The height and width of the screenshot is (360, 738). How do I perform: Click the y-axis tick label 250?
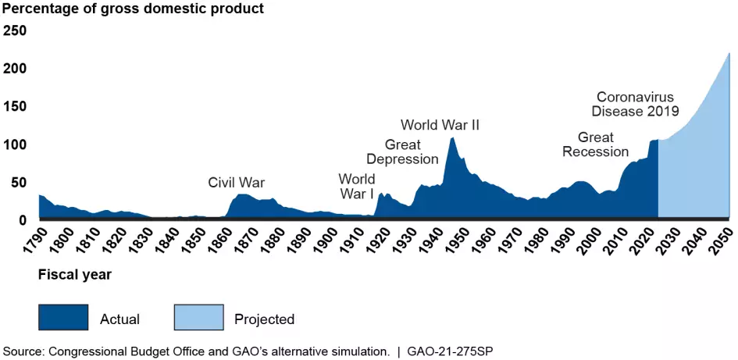pos(16,30)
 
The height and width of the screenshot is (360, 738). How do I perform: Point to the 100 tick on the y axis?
pos(16,144)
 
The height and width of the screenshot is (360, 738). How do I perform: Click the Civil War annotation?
pos(236,183)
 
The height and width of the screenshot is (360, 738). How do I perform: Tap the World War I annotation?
pos(356,186)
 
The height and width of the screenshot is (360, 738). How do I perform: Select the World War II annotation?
pos(440,125)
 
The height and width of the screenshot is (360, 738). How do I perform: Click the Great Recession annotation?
pos(595,144)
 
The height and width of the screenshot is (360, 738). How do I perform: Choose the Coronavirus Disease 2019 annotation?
pos(634,104)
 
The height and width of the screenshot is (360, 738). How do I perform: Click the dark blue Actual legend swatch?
pos(63,318)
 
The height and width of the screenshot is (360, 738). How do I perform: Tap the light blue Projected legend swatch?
pos(197,318)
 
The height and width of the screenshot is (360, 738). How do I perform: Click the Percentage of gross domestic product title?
pos(133,9)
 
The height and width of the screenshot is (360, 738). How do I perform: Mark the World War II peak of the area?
pos(452,138)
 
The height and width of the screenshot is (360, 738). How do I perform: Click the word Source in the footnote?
pos(23,351)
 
